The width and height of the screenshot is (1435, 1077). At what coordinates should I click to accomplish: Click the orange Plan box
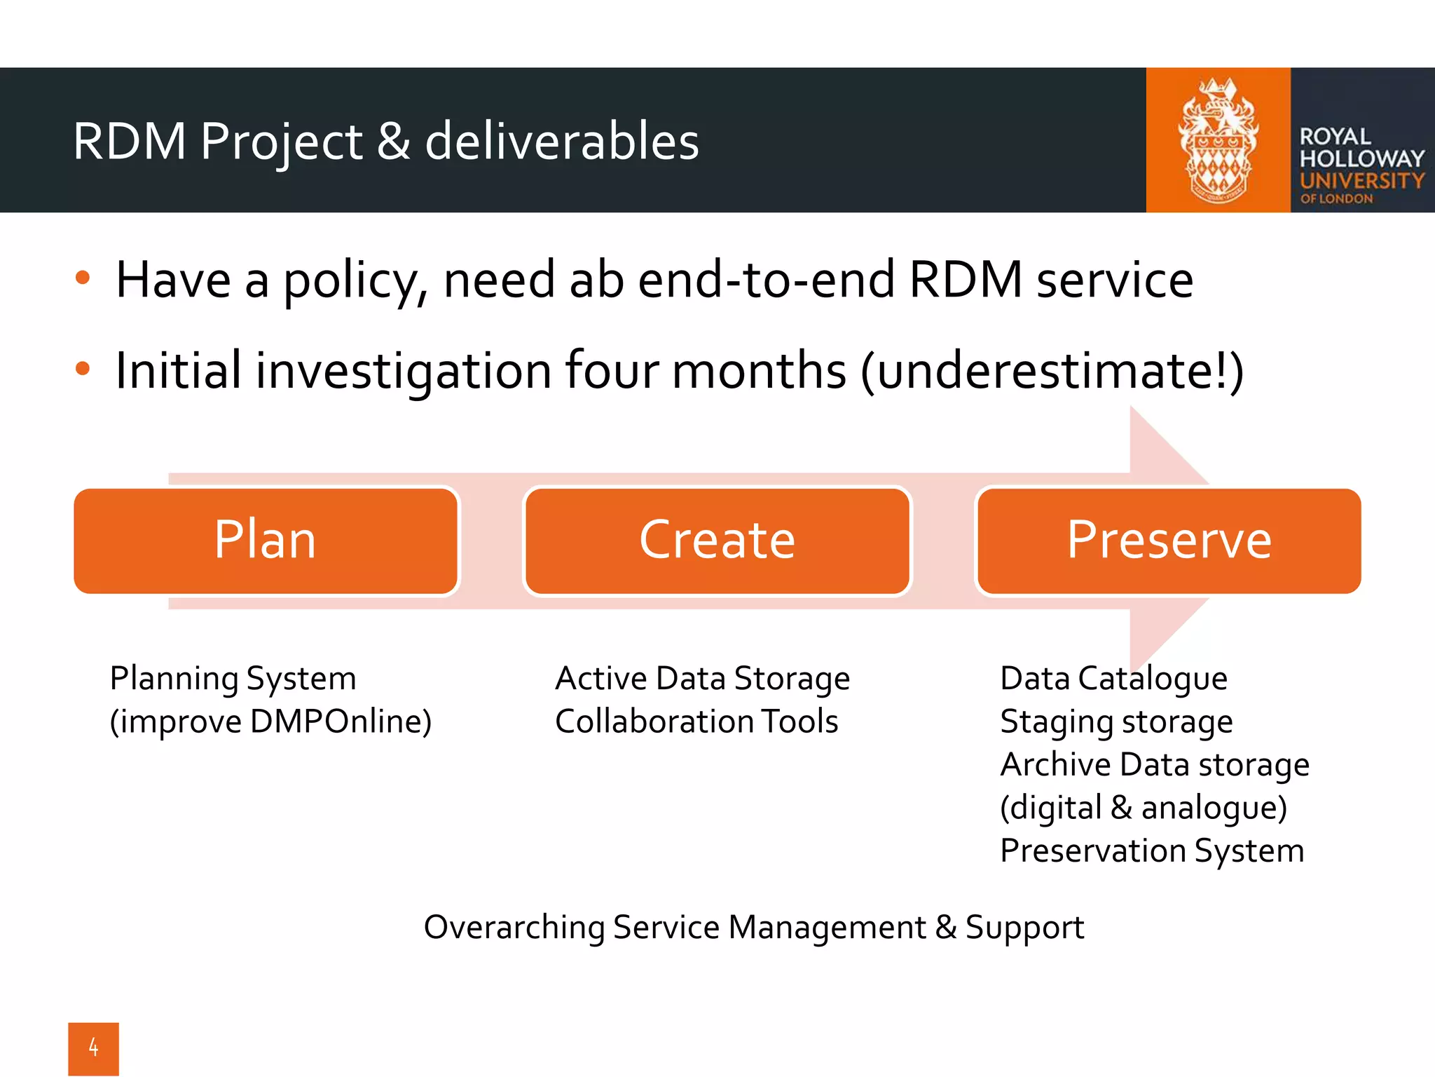(x=266, y=541)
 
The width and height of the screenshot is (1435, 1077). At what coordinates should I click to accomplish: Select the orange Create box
(x=717, y=541)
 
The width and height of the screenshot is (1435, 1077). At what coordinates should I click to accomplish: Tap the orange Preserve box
(x=1168, y=541)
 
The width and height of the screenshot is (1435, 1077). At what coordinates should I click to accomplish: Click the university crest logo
(x=1218, y=140)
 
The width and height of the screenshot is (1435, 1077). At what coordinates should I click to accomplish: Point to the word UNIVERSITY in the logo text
(x=1361, y=181)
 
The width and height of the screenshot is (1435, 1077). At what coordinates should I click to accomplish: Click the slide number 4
(x=93, y=1048)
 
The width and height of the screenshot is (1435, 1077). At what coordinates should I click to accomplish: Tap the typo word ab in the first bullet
(x=596, y=280)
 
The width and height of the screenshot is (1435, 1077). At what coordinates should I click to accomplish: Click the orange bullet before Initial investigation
(x=83, y=368)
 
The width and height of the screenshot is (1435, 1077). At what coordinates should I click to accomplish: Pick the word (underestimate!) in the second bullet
(x=1051, y=371)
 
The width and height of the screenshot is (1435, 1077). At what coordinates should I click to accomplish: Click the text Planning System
(x=233, y=679)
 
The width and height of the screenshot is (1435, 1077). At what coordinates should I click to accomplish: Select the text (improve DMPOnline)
(x=270, y=722)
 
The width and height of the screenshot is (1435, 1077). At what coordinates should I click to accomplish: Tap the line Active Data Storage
(x=702, y=679)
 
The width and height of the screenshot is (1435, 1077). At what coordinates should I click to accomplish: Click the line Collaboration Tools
(x=696, y=722)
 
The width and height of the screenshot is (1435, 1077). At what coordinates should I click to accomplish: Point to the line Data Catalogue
(x=1113, y=679)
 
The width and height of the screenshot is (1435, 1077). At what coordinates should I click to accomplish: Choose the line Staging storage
(x=1116, y=722)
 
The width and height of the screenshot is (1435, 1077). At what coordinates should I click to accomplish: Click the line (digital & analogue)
(x=1144, y=808)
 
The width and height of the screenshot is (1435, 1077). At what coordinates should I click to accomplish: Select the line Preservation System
(x=1152, y=851)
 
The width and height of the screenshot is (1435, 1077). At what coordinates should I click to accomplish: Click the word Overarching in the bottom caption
(x=514, y=928)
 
